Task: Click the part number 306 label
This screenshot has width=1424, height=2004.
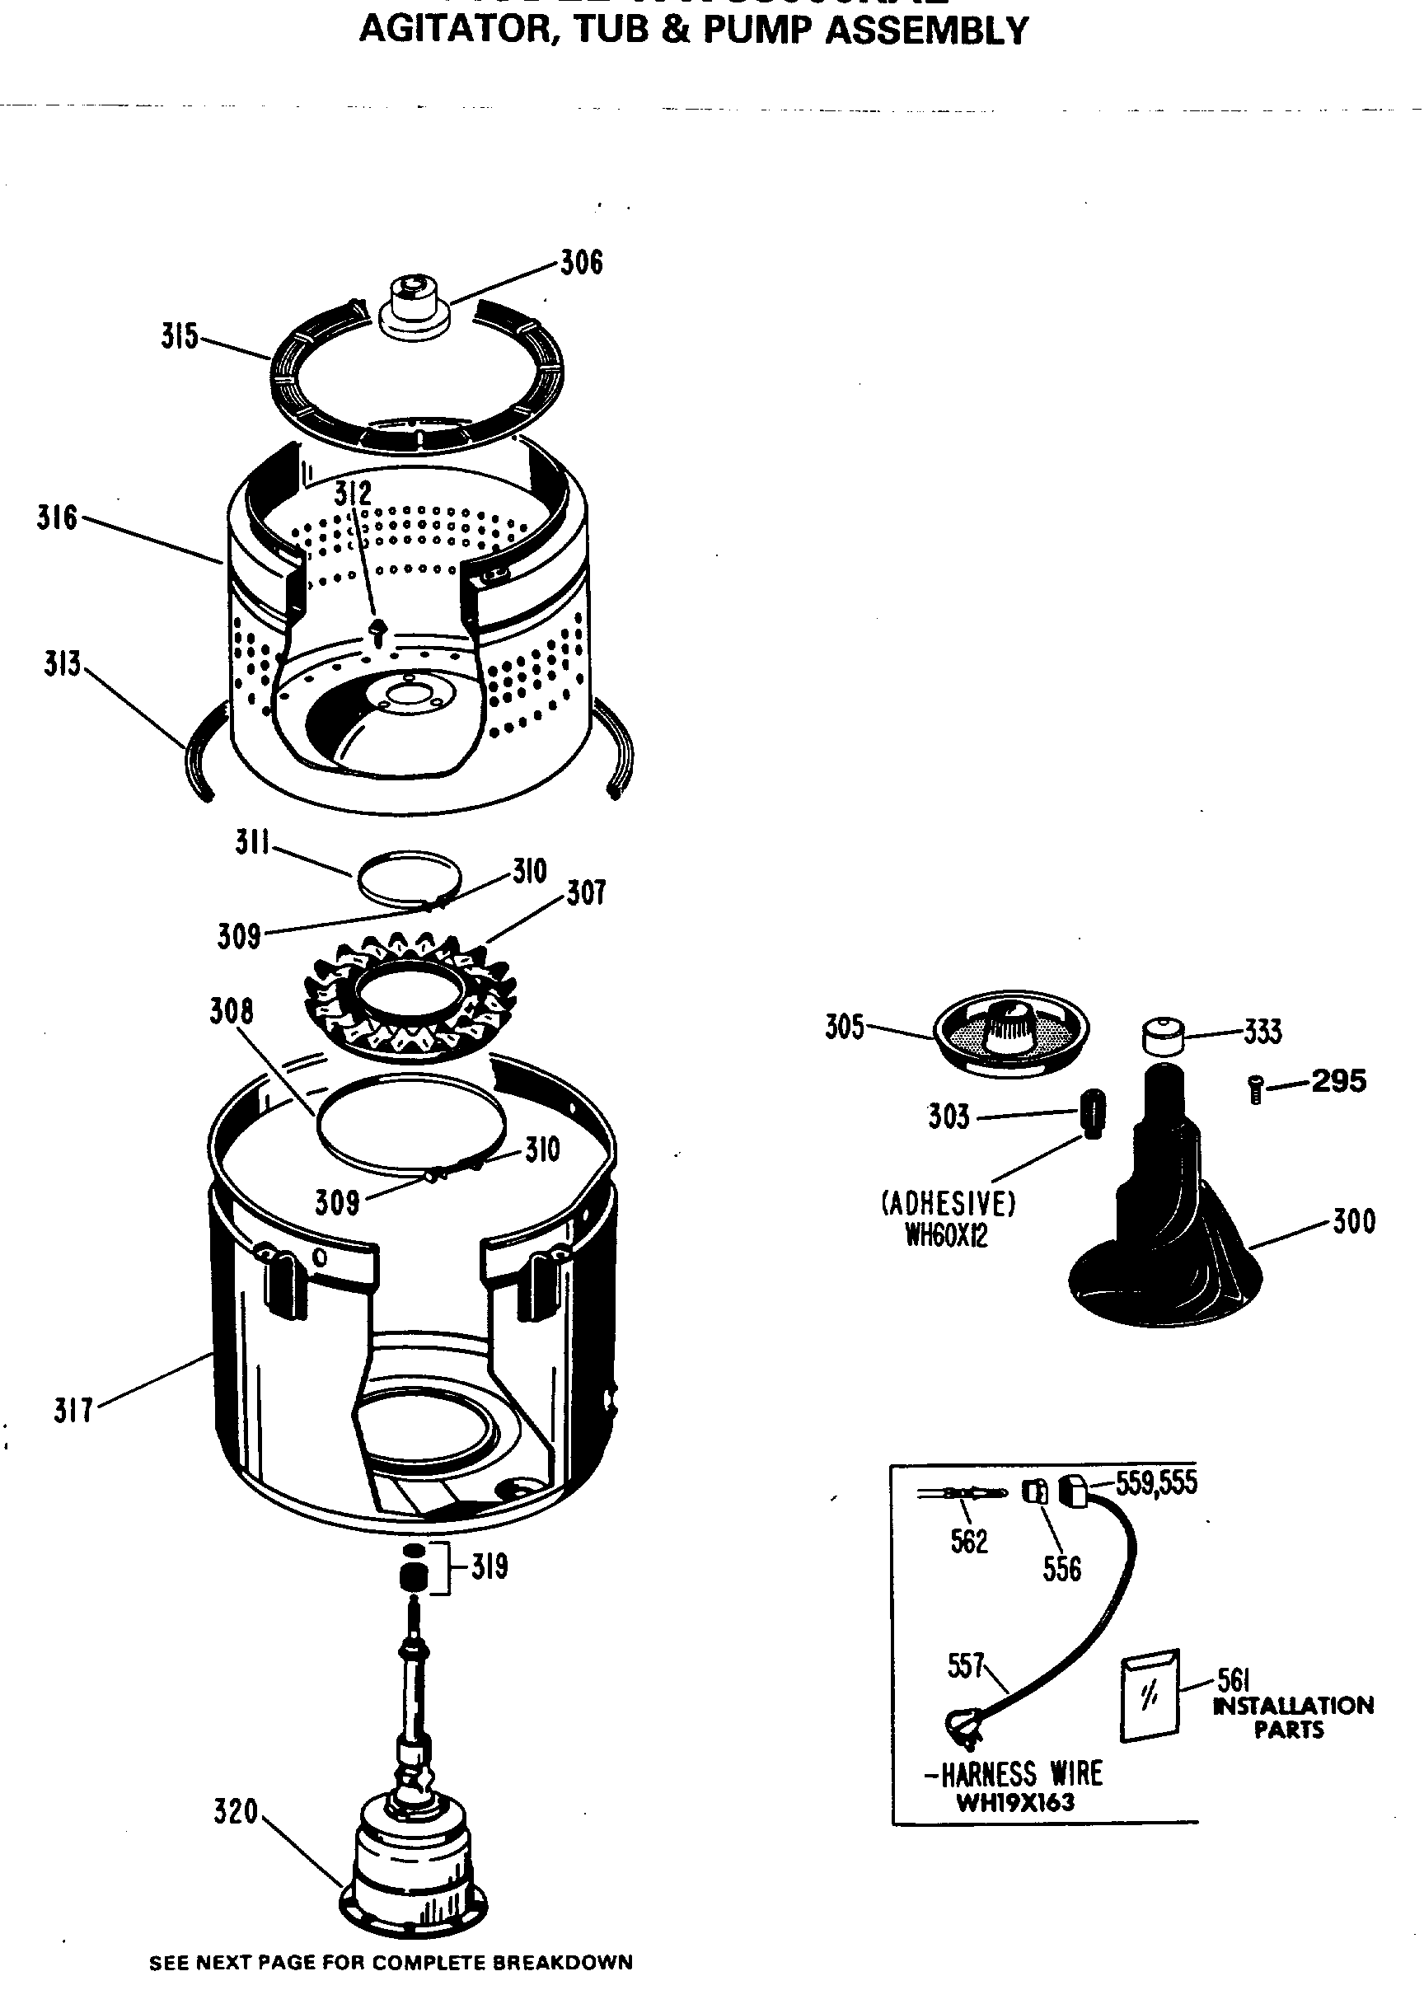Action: [x=581, y=262]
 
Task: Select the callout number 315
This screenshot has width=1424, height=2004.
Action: [x=180, y=337]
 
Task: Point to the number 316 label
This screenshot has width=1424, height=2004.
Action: [x=57, y=517]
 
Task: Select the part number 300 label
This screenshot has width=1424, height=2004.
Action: [x=1354, y=1221]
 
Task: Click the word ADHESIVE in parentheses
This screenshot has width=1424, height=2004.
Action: [x=948, y=1203]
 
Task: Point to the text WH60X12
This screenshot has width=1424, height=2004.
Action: [x=946, y=1235]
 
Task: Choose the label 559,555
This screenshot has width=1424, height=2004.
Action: [x=1155, y=1482]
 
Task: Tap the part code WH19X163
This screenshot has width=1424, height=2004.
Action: [x=1014, y=1802]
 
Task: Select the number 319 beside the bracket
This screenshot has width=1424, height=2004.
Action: [x=489, y=1566]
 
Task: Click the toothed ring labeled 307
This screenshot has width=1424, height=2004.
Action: [x=410, y=997]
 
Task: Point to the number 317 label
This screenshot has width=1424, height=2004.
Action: [x=73, y=1411]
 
